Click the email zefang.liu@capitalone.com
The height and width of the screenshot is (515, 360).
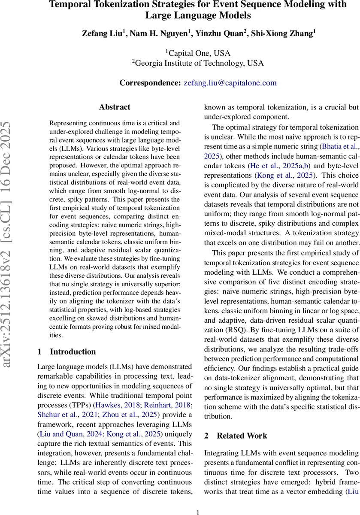230,83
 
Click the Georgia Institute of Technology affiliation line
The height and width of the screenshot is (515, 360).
198,63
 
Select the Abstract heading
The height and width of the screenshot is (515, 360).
115,107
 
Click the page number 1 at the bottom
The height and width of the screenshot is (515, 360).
198,500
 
